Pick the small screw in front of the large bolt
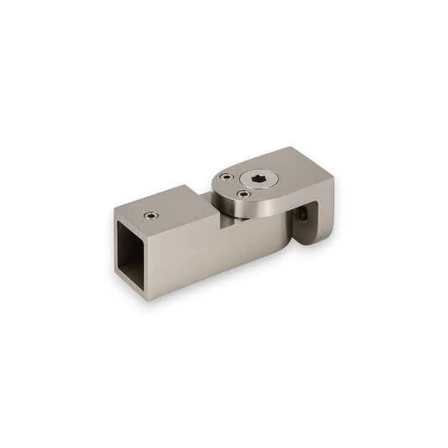[244, 197]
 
